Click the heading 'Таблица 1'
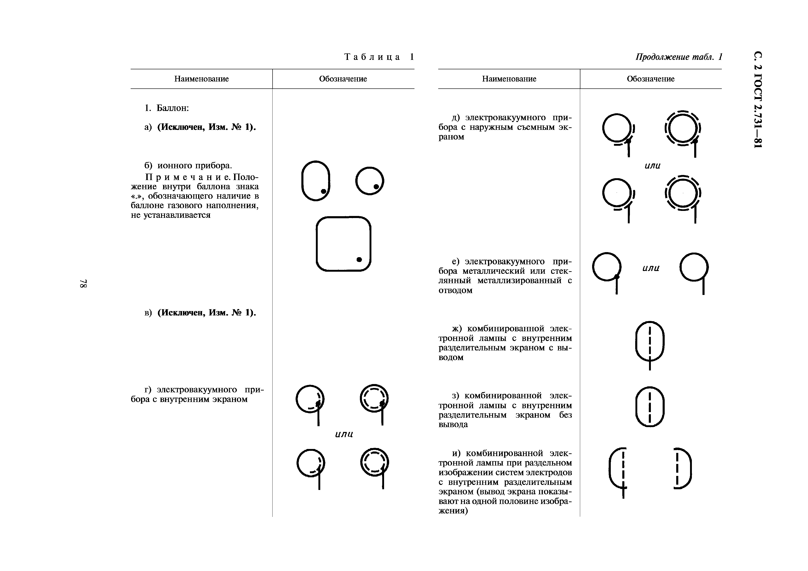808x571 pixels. pos(379,57)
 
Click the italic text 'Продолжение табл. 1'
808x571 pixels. pos(679,57)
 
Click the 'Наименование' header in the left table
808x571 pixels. pos(201,79)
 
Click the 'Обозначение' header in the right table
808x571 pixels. pos(650,79)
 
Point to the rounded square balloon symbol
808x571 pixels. pos(344,244)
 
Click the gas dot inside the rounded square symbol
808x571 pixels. pos(359,259)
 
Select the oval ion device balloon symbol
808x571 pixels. pos(316,181)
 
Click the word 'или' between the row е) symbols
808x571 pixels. pos(651,268)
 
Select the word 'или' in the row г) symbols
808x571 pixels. pos(344,434)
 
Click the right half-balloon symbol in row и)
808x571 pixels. pos(682,468)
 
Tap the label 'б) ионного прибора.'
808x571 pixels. pos(188,165)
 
